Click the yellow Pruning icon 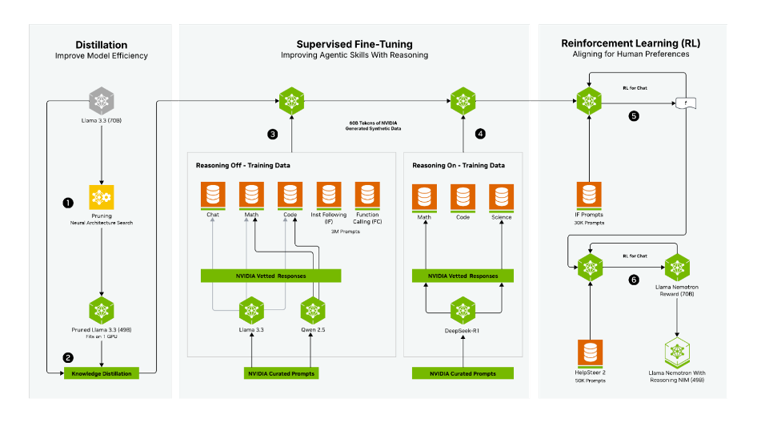coord(101,197)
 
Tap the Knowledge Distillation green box coord(101,373)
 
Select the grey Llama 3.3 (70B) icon coord(101,101)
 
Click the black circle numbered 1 coord(68,202)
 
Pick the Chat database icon coord(213,195)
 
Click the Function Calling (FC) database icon coord(367,195)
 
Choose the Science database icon coord(502,197)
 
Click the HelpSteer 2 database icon coord(590,353)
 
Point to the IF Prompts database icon coord(590,195)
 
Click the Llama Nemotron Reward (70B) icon coord(677,266)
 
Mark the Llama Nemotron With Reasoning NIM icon coord(677,350)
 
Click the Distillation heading coord(101,45)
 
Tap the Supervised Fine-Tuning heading coord(354,44)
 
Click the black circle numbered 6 coord(634,280)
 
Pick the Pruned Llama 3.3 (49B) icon coord(101,309)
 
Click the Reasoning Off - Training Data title coord(242,165)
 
